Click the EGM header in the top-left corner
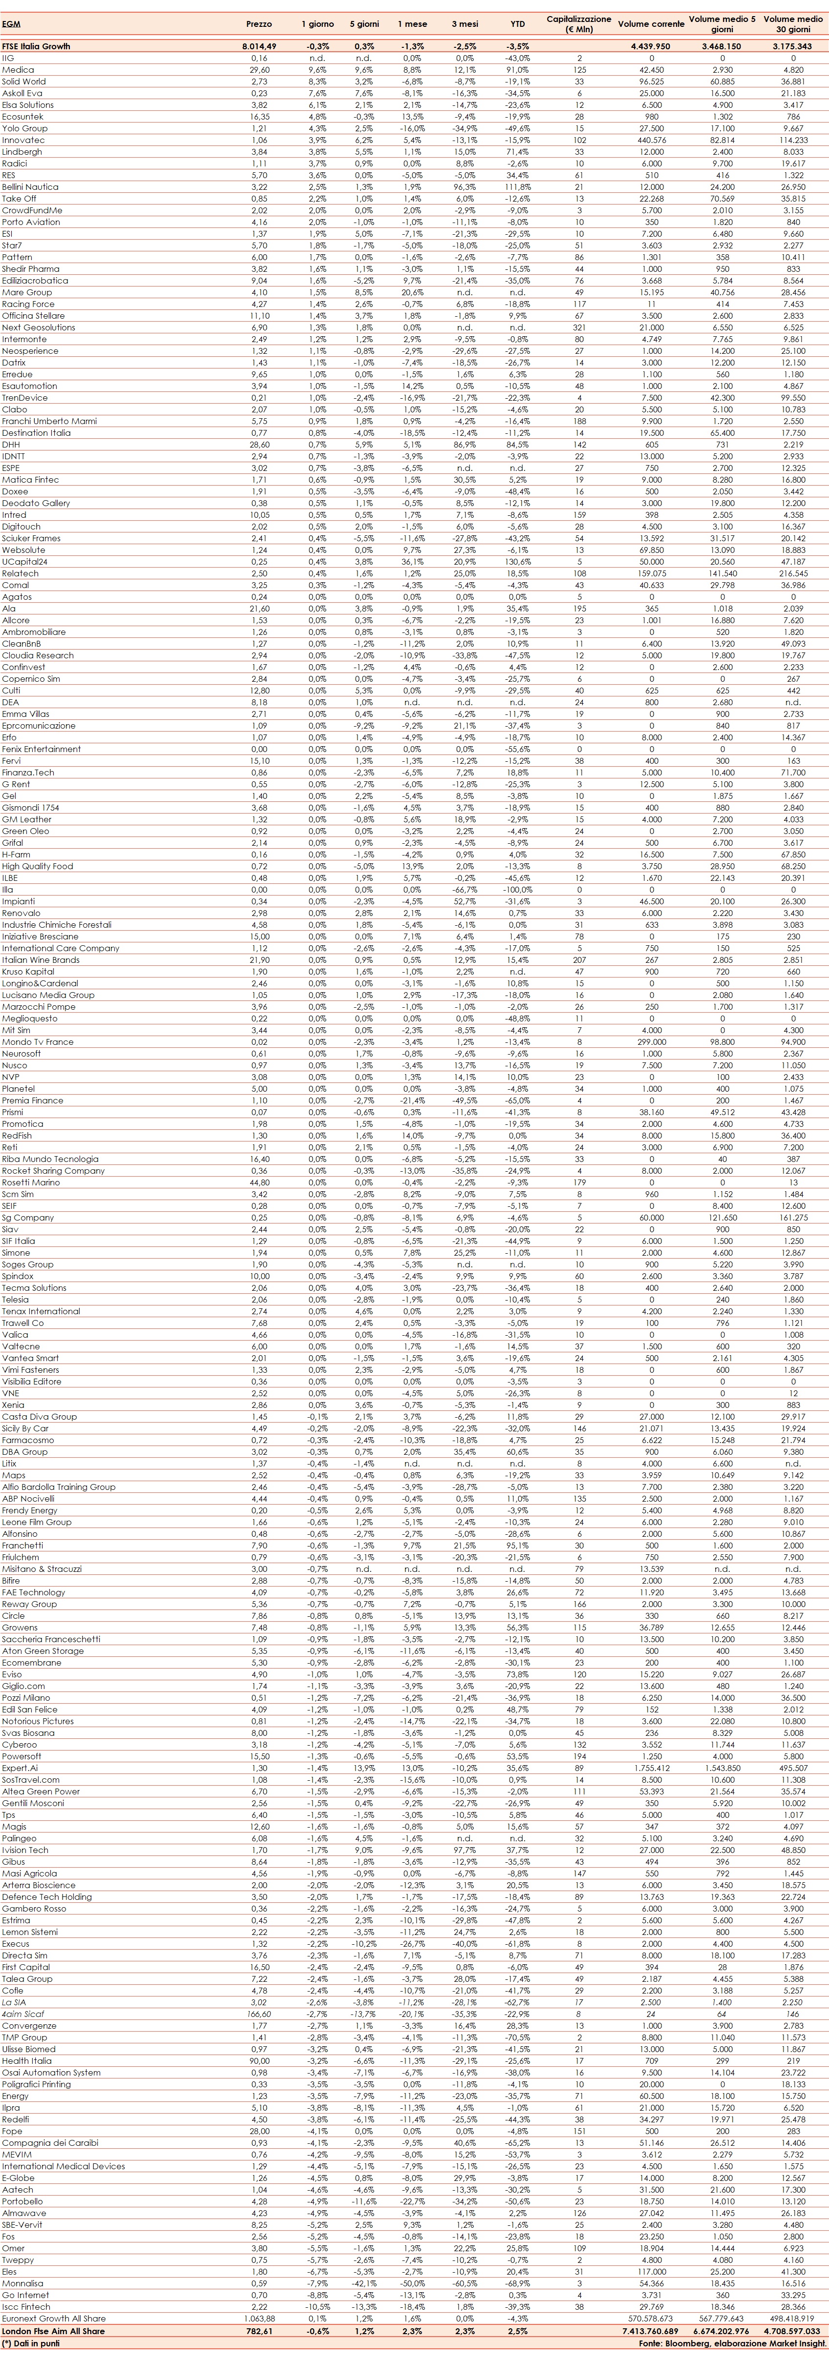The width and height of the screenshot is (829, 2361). (11, 23)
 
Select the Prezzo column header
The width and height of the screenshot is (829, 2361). (259, 23)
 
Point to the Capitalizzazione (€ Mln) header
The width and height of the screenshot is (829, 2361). (579, 23)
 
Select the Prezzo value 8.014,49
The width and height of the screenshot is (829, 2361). (258, 46)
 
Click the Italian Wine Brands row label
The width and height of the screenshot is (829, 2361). (41, 959)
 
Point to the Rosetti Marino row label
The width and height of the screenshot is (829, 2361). (31, 1182)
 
